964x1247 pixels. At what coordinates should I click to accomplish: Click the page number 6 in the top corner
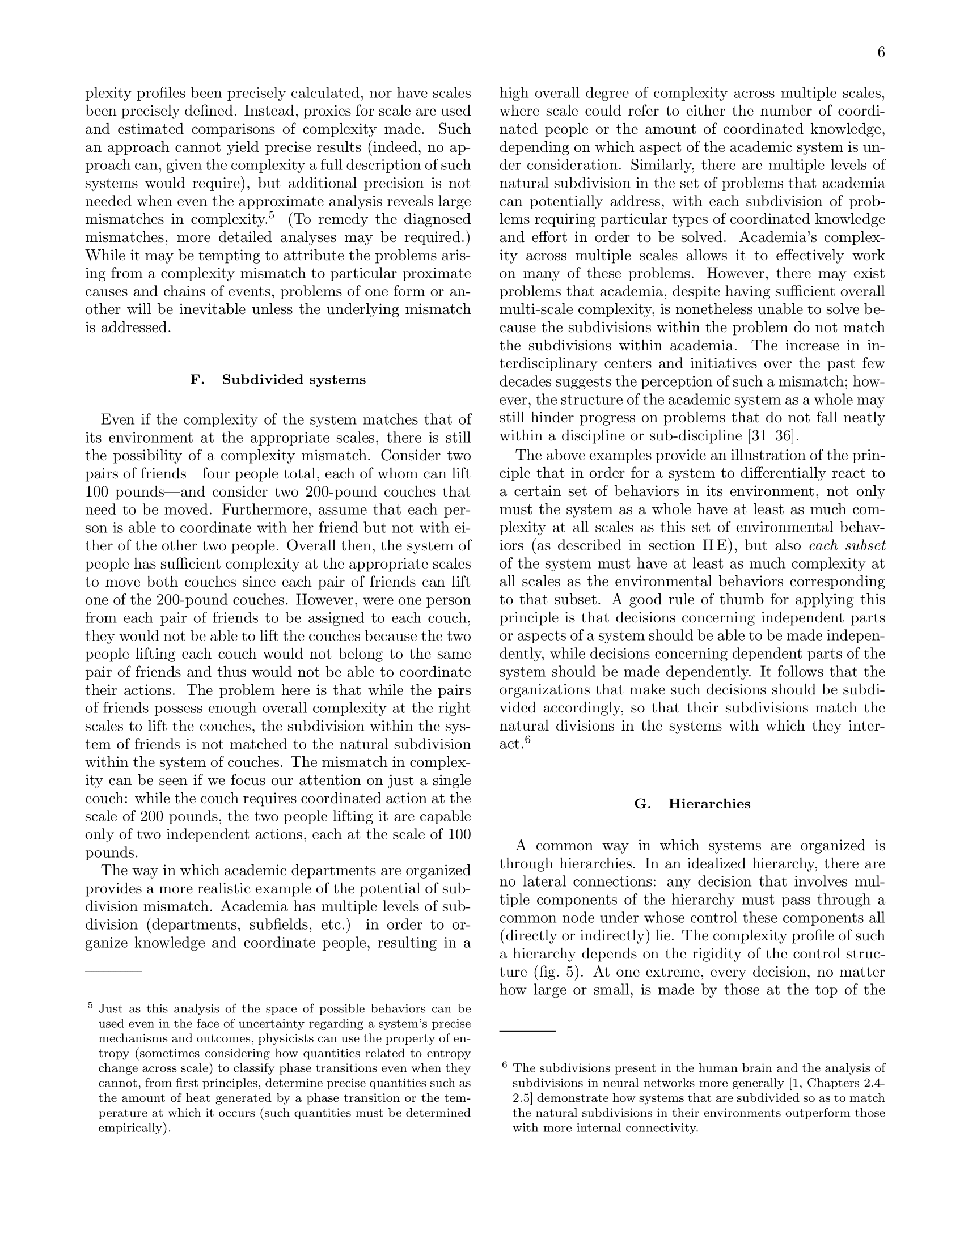881,53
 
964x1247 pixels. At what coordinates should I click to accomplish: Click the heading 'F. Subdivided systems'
277,380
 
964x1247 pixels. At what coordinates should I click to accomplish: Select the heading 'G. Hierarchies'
692,804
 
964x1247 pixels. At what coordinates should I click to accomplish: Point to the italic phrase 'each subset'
848,545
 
